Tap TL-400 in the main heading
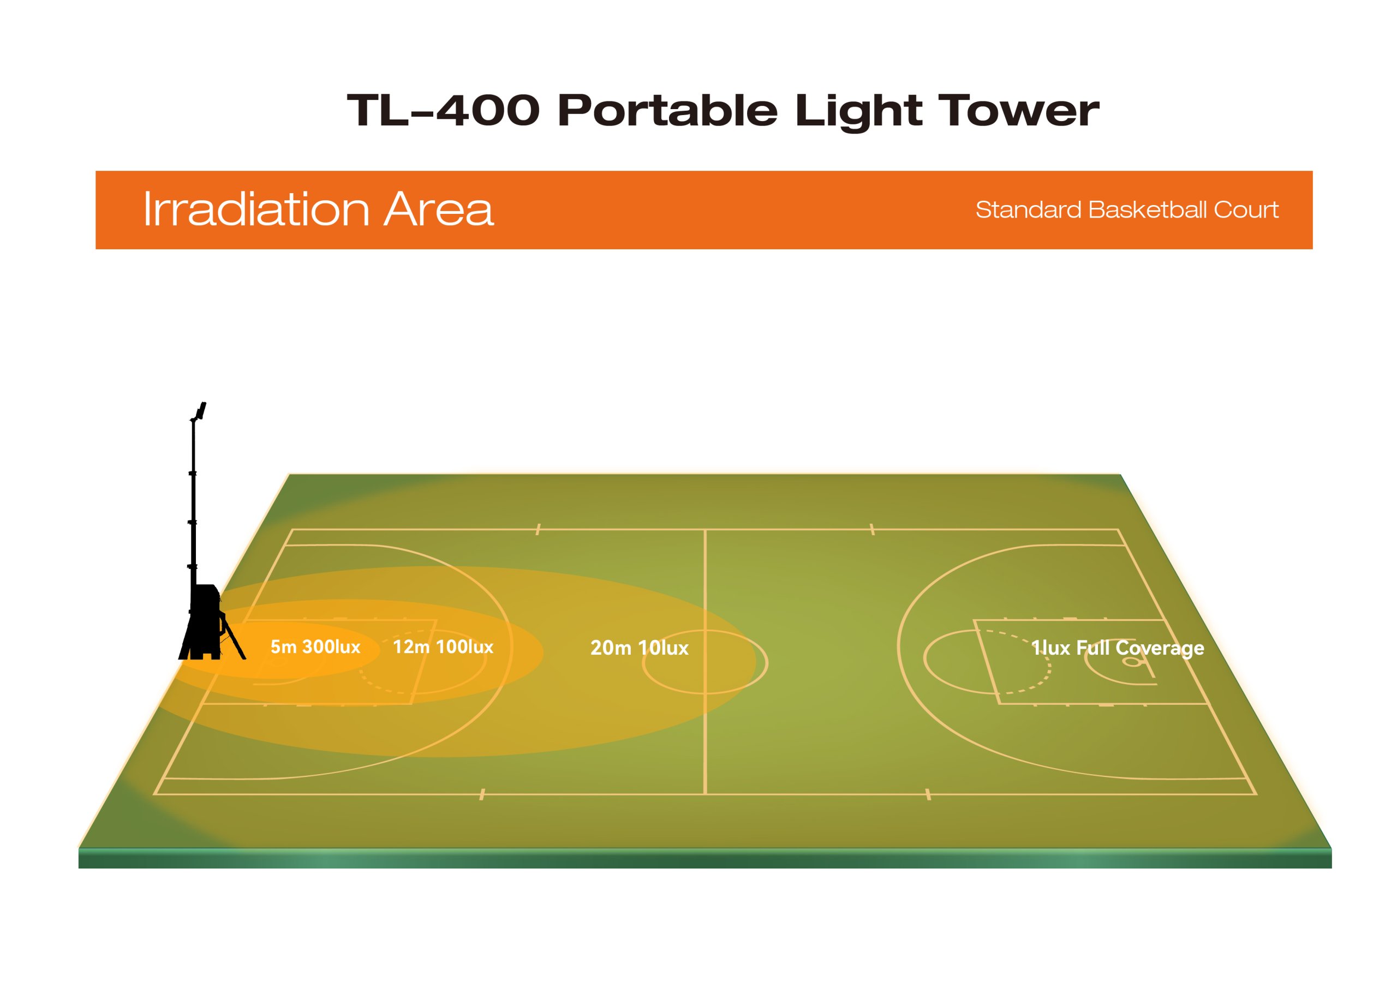pyautogui.click(x=443, y=111)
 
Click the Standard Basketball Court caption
pyautogui.click(x=1127, y=210)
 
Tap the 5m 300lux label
pyautogui.click(x=315, y=646)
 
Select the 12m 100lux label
pyautogui.click(x=443, y=646)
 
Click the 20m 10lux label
pyautogui.click(x=640, y=648)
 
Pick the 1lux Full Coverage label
pyautogui.click(x=1118, y=649)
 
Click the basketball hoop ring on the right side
pyautogui.click(x=1132, y=662)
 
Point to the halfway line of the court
pyautogui.click(x=705, y=662)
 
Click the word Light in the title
pyautogui.click(x=858, y=112)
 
